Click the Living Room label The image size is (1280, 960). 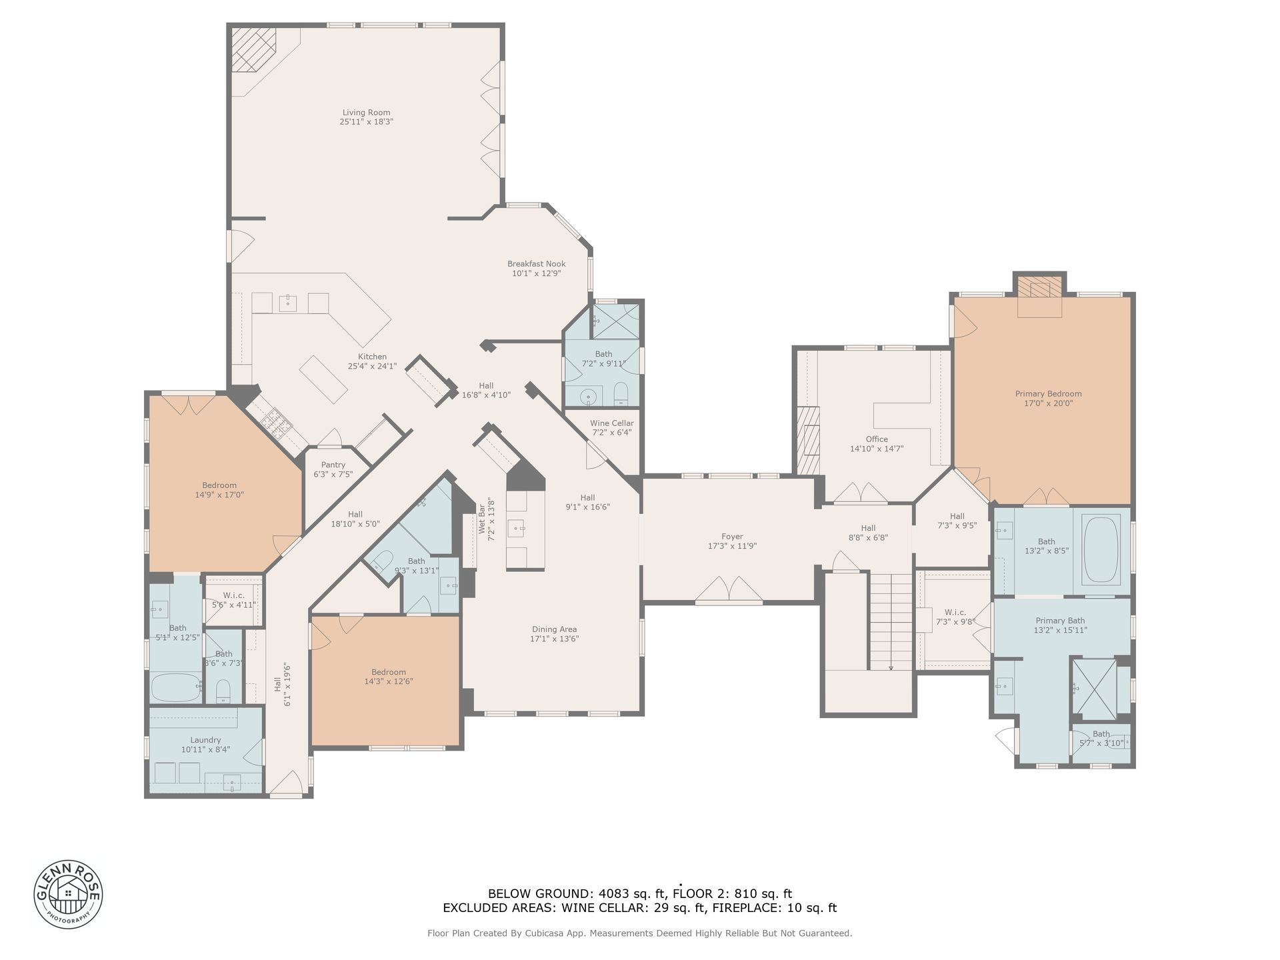click(366, 113)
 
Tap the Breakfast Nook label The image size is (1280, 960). click(536, 264)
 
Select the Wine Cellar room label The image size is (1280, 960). click(611, 423)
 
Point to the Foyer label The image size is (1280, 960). click(732, 537)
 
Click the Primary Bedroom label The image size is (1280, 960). click(1048, 394)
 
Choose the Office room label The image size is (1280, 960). click(877, 439)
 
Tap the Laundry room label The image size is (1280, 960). click(205, 740)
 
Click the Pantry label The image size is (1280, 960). click(333, 465)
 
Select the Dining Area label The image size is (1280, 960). click(554, 629)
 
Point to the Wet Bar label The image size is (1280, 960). click(481, 519)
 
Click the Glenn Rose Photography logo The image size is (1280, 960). click(68, 893)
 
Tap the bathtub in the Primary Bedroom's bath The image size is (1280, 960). click(1101, 551)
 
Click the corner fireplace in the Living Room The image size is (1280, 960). click(253, 49)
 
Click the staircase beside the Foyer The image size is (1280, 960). click(890, 621)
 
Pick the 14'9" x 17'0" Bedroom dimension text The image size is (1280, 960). click(219, 495)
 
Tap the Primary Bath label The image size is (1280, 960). click(1060, 621)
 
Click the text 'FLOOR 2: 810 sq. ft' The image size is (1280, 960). click(732, 893)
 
